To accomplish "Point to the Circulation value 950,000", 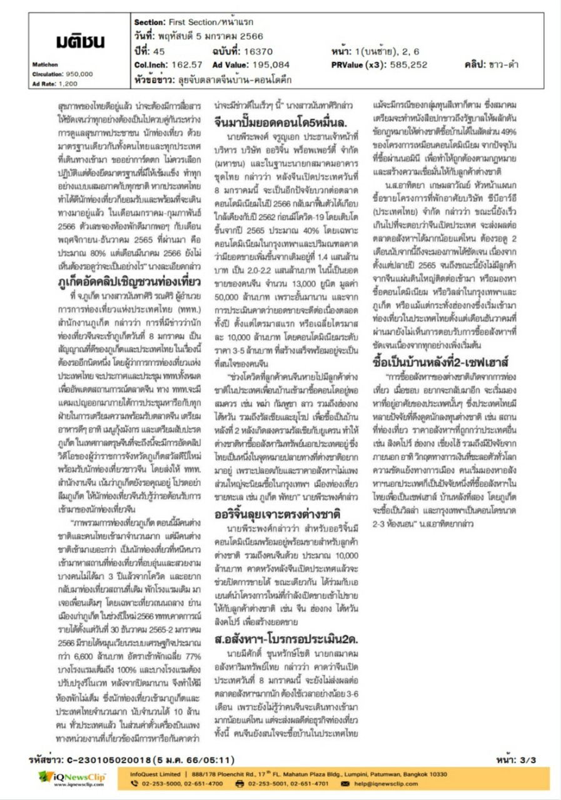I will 78,74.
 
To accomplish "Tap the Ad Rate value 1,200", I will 68,82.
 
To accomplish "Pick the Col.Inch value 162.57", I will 186,64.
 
